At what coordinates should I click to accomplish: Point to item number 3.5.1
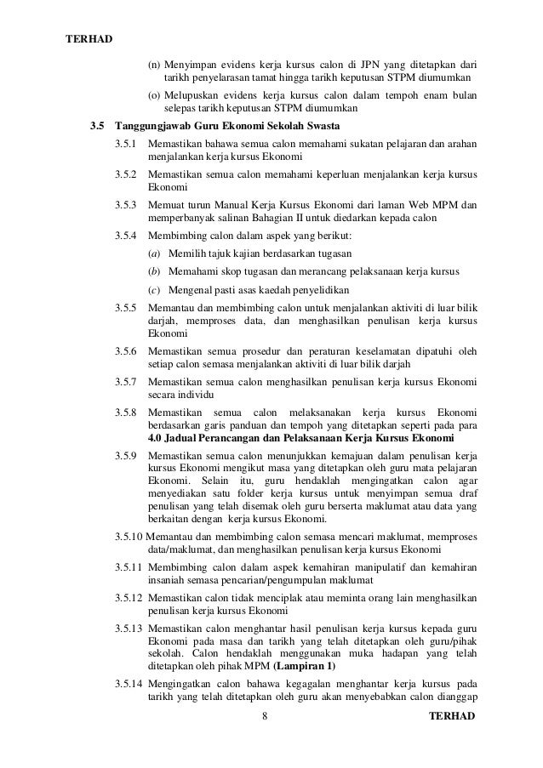[125, 145]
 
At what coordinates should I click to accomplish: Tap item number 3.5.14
[128, 683]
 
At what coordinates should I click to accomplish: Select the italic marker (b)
[153, 271]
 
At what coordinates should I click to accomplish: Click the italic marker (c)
[153, 290]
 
